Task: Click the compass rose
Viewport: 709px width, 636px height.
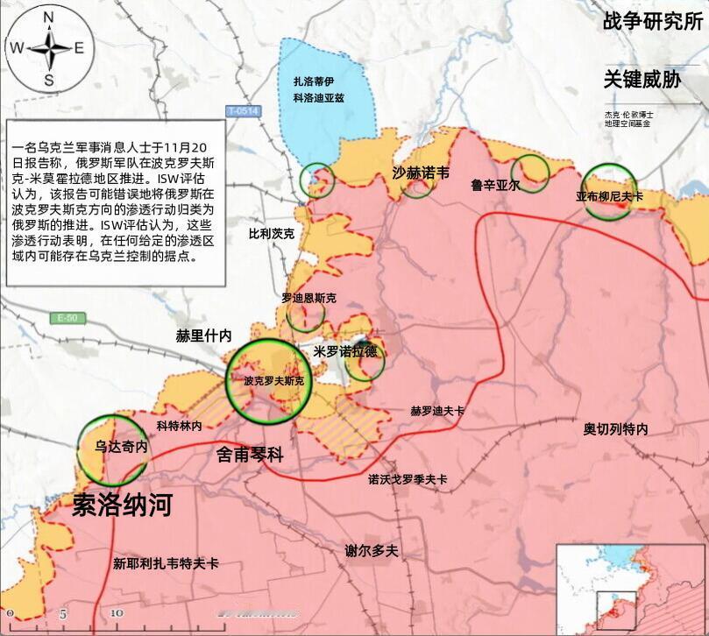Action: pos(48,49)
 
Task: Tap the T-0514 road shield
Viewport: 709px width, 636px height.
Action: pos(244,111)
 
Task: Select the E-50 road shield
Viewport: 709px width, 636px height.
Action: pos(64,317)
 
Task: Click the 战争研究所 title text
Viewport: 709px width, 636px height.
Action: pos(652,22)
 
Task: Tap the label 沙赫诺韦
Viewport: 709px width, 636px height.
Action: pos(421,173)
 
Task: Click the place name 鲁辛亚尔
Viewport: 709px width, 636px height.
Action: pos(495,186)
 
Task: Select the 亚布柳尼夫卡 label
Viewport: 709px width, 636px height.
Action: pos(609,197)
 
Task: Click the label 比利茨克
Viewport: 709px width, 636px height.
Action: pos(272,235)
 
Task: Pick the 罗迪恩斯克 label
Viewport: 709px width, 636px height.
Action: pos(308,298)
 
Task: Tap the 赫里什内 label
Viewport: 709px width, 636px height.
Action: pos(203,336)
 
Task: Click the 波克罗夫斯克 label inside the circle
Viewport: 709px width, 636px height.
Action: pos(274,381)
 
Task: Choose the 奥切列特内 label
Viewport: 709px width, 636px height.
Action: pos(616,429)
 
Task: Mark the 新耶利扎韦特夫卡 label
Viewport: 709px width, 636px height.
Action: pos(166,563)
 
